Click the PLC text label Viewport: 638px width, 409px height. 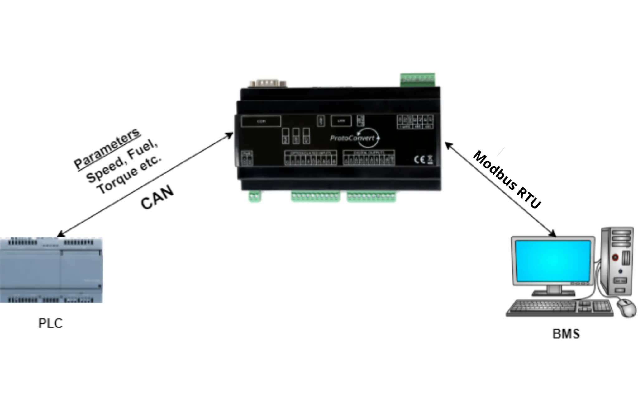coord(50,323)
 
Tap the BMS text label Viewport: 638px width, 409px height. coord(566,334)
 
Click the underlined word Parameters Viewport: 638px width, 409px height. coord(107,148)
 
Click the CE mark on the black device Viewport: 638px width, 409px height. coord(419,160)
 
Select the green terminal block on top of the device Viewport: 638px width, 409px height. coord(417,79)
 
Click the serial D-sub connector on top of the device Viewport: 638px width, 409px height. coord(268,83)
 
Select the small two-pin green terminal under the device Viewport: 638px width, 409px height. coord(255,197)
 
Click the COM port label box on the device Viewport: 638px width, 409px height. coord(261,121)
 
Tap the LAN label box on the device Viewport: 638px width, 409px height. coord(341,121)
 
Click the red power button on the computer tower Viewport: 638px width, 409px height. coord(615,257)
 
